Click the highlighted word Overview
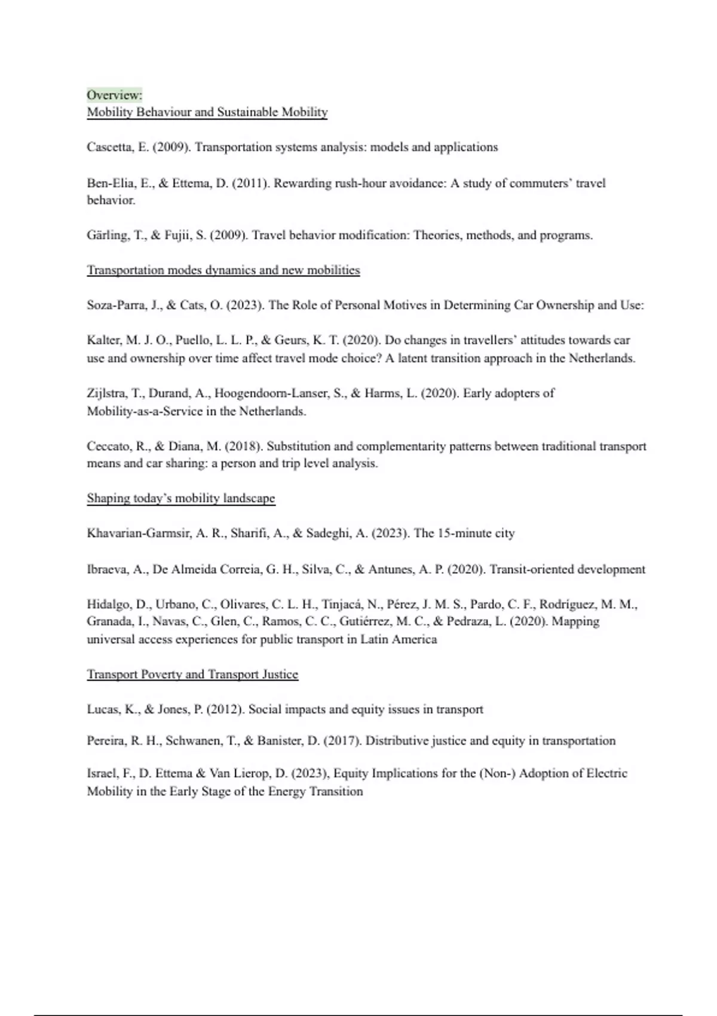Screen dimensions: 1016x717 click(x=114, y=95)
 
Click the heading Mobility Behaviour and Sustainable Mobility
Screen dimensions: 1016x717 click(x=207, y=112)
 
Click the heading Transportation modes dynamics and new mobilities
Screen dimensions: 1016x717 click(x=223, y=270)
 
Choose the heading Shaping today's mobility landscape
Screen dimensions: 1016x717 click(x=181, y=498)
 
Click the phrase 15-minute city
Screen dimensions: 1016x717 click(x=476, y=533)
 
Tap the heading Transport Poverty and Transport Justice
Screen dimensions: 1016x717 click(x=192, y=675)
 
